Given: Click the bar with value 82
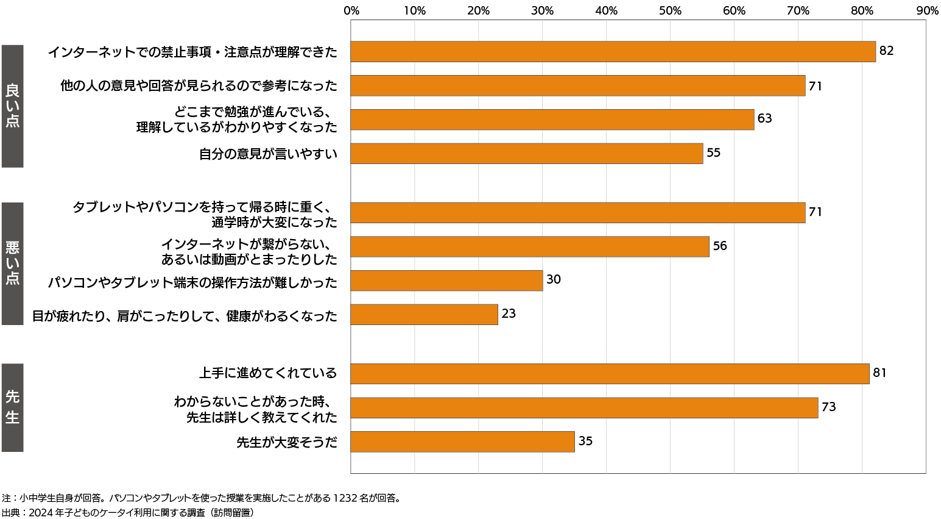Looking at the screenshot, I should [613, 52].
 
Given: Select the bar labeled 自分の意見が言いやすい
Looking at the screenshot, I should [527, 153].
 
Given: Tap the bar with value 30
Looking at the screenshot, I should [446, 281].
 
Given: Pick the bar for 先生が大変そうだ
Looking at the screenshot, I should [462, 442].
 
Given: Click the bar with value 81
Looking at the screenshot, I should [610, 374].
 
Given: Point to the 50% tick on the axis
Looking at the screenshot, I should [670, 11].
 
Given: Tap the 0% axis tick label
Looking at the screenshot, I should [351, 11].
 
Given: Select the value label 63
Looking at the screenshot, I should [764, 118].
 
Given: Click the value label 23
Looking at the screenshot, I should [509, 313].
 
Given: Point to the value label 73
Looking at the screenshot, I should [828, 407].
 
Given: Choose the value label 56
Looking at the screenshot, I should [720, 246].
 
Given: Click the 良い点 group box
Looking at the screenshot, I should [12, 106].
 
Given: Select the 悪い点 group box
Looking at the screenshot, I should [12, 263].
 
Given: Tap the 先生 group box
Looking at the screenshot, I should [12, 407].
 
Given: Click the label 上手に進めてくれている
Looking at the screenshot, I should [268, 373].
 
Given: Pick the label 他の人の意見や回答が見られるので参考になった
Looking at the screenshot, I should [199, 86].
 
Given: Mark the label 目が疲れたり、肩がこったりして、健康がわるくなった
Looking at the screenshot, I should [185, 316].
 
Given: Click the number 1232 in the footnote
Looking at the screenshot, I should [345, 498].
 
